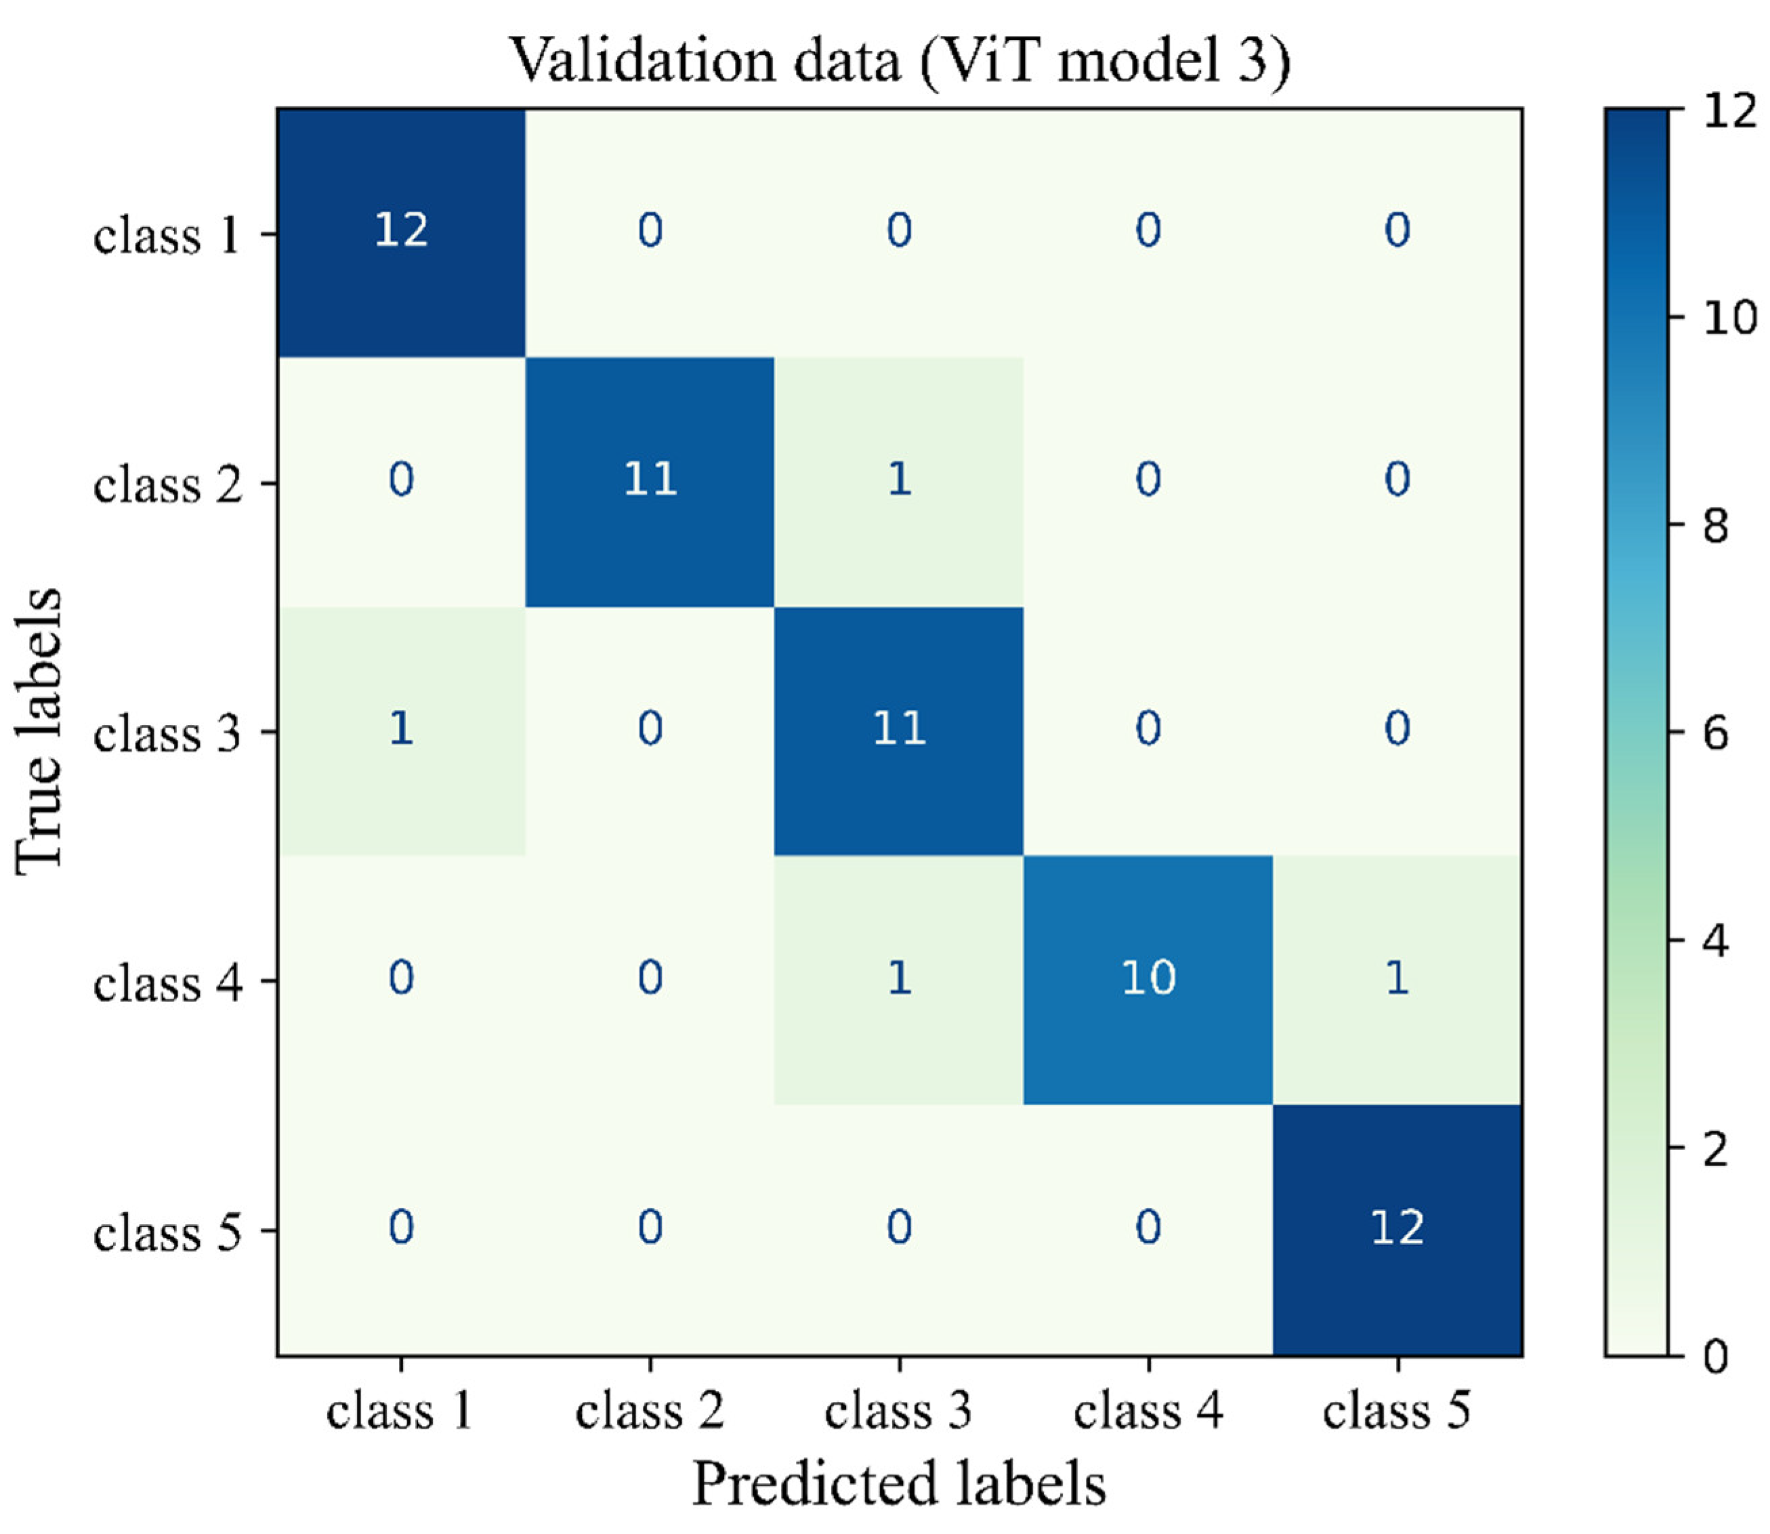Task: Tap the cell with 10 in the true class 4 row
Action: click(x=1147, y=978)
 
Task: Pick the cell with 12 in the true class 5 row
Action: click(x=1397, y=1228)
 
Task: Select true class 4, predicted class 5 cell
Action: click(x=1397, y=978)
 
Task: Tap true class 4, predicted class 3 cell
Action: click(x=899, y=978)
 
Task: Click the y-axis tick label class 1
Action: click(x=167, y=234)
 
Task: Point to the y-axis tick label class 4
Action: click(x=167, y=982)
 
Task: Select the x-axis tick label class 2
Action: click(x=650, y=1409)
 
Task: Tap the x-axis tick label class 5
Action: click(x=1397, y=1409)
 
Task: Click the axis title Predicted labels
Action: click(x=899, y=1483)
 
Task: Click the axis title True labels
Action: click(x=39, y=730)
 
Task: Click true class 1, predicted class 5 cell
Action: click(x=1397, y=231)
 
